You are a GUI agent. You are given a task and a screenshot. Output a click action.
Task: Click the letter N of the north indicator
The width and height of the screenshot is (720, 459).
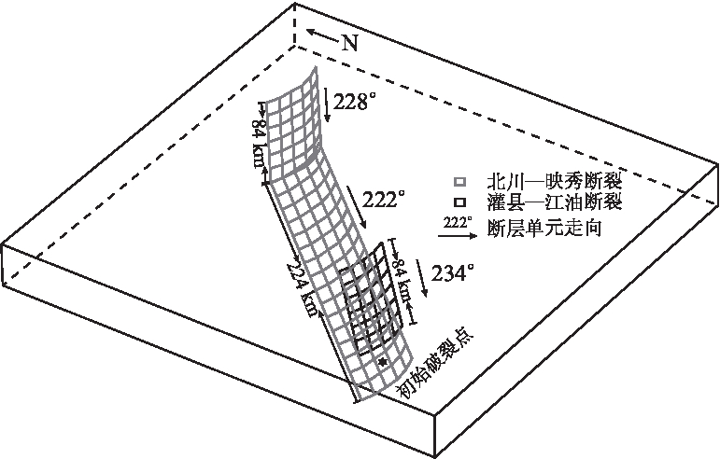(350, 43)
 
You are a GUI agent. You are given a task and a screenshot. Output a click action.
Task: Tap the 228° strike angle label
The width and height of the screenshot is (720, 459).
(351, 102)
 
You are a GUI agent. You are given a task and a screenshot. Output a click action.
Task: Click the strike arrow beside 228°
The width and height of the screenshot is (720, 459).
(326, 105)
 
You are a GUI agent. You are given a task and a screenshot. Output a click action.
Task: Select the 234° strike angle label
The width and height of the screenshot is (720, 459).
(452, 273)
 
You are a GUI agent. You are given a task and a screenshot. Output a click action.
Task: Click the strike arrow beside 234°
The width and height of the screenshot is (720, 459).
(421, 277)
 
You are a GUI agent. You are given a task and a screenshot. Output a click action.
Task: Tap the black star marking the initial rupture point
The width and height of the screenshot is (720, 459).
(383, 362)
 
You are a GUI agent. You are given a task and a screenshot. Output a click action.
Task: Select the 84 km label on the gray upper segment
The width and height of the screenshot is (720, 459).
(257, 144)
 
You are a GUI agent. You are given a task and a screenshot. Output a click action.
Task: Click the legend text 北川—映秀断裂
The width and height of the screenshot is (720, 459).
(555, 182)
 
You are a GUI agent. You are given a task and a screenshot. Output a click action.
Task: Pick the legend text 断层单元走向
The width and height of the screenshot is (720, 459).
(544, 228)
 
